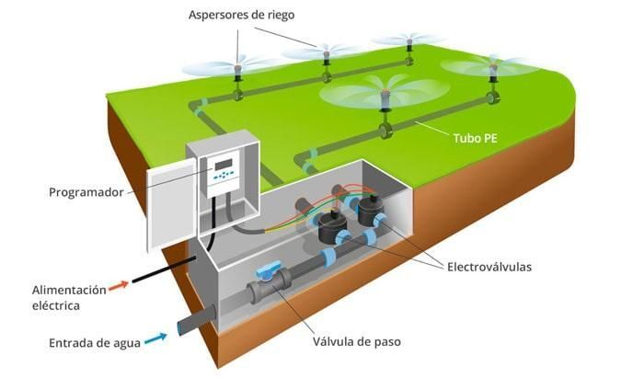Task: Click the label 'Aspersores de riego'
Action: click(241, 16)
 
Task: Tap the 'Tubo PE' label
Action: click(476, 138)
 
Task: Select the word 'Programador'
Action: click(86, 192)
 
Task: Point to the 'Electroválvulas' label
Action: click(489, 268)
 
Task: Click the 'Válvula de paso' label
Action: click(357, 341)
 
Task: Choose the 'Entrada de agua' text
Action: click(95, 343)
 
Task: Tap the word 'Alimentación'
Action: click(69, 291)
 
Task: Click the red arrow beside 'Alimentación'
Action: click(119, 285)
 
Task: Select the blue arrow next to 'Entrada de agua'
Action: click(155, 338)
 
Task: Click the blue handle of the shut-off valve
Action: click(269, 269)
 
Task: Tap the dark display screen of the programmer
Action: click(224, 165)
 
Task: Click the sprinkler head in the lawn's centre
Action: click(385, 98)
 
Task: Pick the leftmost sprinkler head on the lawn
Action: click(237, 71)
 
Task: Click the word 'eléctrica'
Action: click(56, 305)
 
